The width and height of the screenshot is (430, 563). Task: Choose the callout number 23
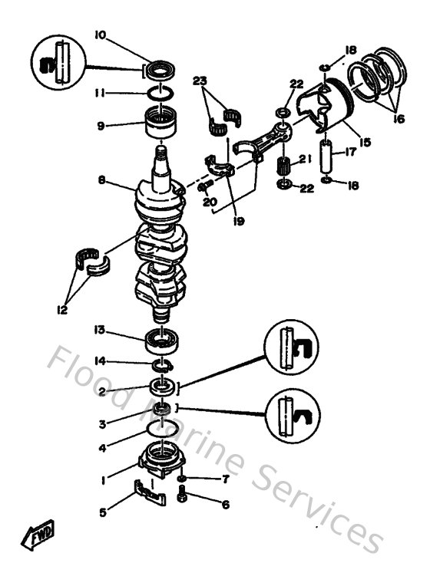point(200,81)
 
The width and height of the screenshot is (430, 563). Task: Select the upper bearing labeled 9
point(162,123)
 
